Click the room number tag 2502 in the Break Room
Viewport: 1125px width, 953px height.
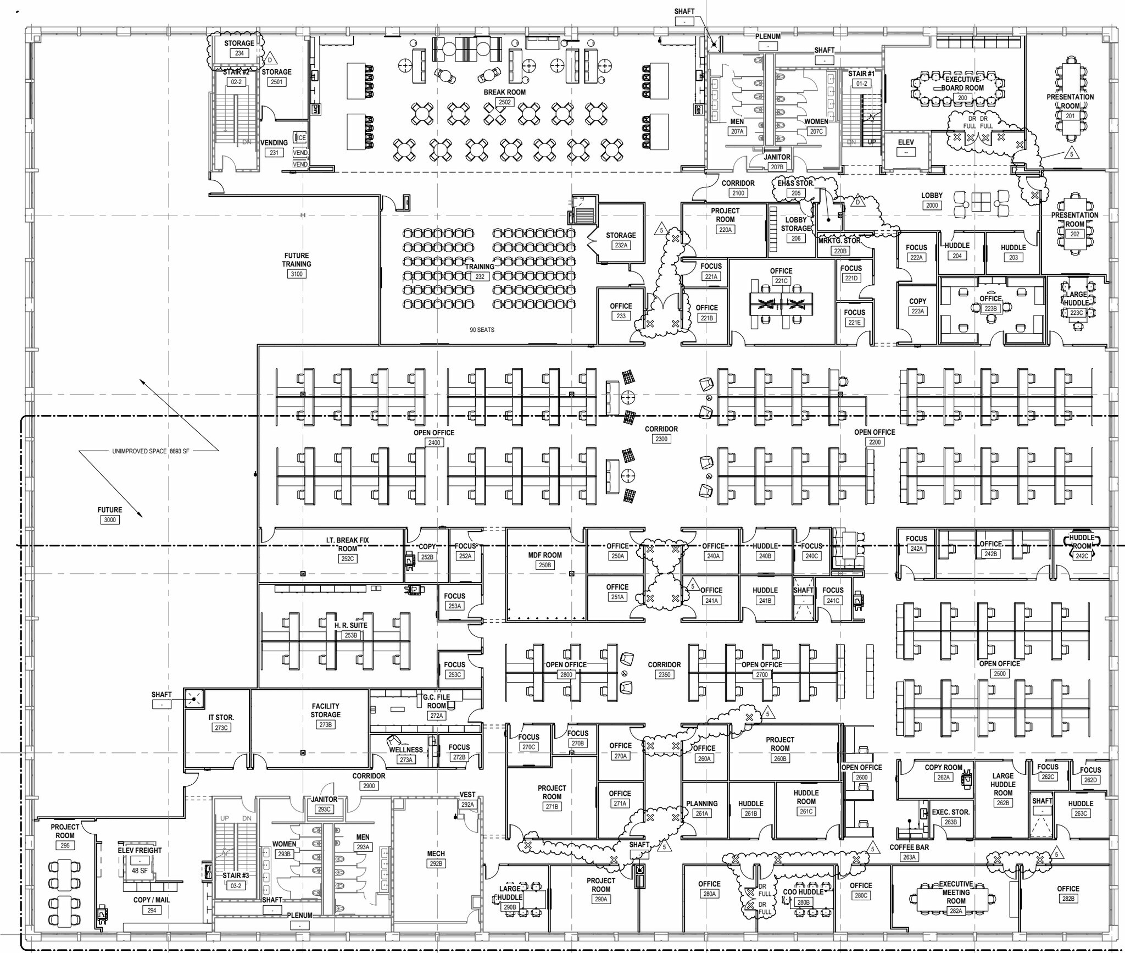click(x=504, y=102)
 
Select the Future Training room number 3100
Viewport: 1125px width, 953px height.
click(x=296, y=274)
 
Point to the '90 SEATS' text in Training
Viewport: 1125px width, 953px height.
click(x=482, y=330)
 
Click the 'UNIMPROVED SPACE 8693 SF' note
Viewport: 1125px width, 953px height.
click(x=151, y=451)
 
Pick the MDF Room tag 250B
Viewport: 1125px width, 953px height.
click(x=545, y=565)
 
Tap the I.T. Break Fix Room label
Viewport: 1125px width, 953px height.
click(x=347, y=544)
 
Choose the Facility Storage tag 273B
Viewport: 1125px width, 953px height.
click(x=326, y=724)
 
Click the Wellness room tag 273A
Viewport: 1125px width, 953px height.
click(x=406, y=760)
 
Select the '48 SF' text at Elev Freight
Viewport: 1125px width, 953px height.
click(x=140, y=871)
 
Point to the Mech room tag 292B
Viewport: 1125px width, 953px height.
click(x=436, y=863)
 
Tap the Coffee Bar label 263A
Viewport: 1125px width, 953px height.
click(x=909, y=857)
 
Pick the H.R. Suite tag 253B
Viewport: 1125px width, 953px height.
click(x=350, y=635)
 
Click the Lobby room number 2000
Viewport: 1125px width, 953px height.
click(x=932, y=205)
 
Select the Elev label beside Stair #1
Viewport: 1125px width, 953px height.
click(x=906, y=142)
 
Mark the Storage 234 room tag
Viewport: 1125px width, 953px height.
click(x=240, y=53)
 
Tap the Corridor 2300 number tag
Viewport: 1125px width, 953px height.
click(x=661, y=439)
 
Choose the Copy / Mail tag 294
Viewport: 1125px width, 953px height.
click(x=152, y=910)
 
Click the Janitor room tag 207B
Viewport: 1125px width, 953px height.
click(x=777, y=167)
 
